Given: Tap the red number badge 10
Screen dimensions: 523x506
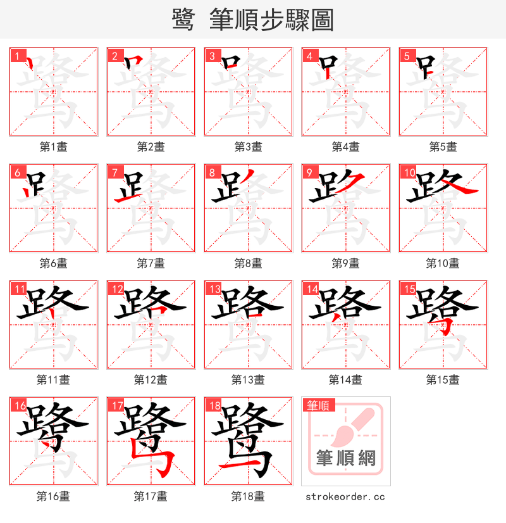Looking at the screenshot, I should [409, 172].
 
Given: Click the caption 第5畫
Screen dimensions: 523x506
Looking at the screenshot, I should [443, 147].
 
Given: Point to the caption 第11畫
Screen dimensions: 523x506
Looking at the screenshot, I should [53, 380].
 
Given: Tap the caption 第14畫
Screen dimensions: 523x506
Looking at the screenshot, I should [345, 380].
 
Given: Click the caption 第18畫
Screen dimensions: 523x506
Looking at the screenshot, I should [248, 496].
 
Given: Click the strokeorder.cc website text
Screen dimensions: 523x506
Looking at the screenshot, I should [345, 497].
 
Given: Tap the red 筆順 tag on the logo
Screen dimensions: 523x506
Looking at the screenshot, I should [319, 405].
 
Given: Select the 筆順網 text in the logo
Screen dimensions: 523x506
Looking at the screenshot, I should [346, 458].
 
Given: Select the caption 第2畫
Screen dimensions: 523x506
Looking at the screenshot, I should [151, 147].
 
